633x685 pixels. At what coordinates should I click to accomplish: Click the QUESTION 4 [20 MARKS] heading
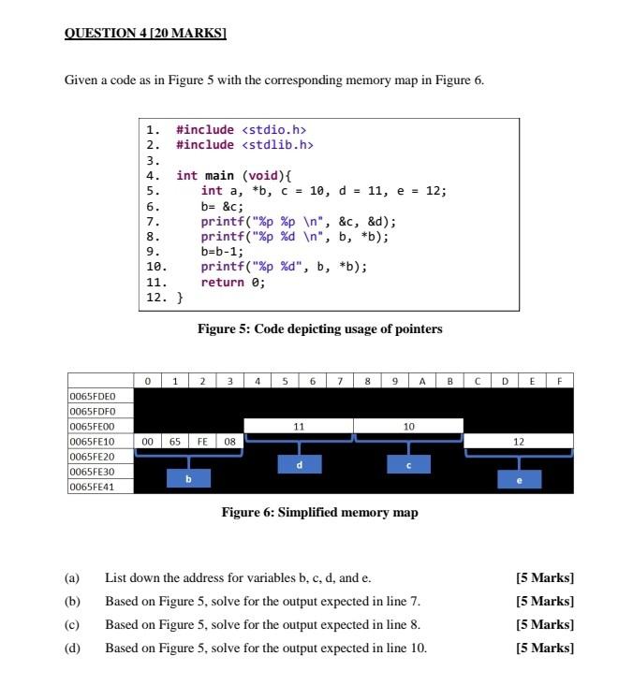(x=145, y=33)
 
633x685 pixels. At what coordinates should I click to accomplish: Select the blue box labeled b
(x=188, y=478)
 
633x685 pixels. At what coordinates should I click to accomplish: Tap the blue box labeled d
(x=300, y=463)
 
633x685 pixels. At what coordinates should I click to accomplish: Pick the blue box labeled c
(x=408, y=463)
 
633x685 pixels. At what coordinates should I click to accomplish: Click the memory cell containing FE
(x=202, y=441)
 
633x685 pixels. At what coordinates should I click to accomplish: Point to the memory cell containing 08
(x=229, y=441)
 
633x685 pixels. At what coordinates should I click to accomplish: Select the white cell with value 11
(x=299, y=426)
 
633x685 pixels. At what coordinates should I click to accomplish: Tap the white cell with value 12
(x=518, y=441)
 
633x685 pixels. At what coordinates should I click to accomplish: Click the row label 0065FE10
(x=92, y=441)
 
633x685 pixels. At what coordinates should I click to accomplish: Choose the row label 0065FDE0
(x=92, y=396)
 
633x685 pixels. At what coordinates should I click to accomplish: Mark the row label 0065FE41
(x=92, y=486)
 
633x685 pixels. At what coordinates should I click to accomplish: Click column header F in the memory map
(x=559, y=381)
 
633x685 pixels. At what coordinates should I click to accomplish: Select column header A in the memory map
(x=422, y=381)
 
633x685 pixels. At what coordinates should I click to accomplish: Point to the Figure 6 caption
(x=319, y=512)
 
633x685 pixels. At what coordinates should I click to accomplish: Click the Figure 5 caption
(x=319, y=328)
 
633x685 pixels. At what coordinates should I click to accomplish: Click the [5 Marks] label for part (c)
(x=545, y=624)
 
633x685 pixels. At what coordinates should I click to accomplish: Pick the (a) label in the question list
(x=72, y=577)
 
